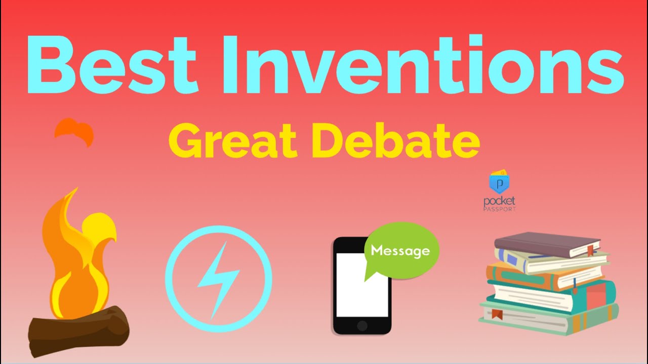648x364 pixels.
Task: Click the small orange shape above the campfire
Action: (74, 131)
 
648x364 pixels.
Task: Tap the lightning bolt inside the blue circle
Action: (218, 279)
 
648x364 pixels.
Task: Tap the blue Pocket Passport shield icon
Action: (499, 182)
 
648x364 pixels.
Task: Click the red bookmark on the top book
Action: (590, 250)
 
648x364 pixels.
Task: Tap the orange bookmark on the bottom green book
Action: (497, 314)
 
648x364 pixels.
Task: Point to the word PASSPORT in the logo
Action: (499, 208)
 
